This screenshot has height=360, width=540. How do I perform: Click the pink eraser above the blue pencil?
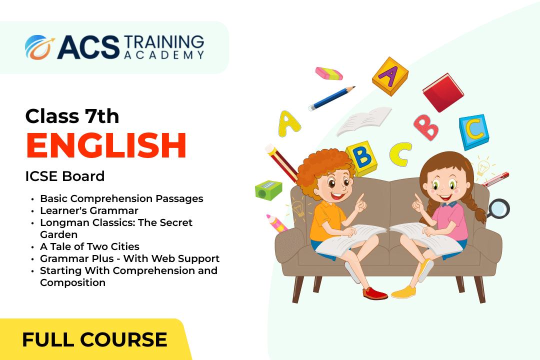(329, 73)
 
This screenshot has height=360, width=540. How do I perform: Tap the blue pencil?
(331, 98)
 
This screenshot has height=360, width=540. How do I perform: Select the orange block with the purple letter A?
(390, 76)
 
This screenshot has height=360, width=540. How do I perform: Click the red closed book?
(443, 92)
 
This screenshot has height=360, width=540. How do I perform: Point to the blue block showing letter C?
(474, 132)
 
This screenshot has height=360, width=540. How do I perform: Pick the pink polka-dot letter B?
(426, 127)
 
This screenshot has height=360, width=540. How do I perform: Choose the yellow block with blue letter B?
(362, 158)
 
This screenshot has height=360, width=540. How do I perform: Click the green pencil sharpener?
(268, 190)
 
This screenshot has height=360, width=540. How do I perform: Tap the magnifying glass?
(498, 209)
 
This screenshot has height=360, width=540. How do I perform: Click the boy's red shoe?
(374, 293)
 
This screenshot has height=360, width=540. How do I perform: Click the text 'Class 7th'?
(72, 116)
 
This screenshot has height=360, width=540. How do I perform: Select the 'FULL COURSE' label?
(94, 339)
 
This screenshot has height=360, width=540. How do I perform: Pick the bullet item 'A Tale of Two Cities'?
(89, 246)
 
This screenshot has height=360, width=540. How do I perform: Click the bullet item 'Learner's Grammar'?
(89, 210)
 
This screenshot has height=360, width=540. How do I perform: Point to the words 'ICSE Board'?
(65, 176)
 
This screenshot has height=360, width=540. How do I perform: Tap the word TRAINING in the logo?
(164, 42)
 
